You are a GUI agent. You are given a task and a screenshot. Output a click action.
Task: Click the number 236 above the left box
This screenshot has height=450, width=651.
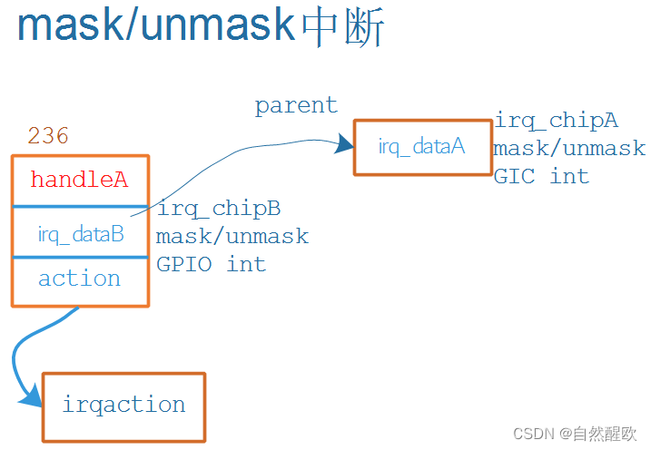point(48,136)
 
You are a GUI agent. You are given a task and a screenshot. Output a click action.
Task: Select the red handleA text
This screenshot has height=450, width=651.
point(79,180)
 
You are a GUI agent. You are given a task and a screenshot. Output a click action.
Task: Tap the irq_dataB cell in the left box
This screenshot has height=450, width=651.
point(80,234)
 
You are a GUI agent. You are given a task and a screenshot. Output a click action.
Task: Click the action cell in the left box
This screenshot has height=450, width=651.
point(79,279)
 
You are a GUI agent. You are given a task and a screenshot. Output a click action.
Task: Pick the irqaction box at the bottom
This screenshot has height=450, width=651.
point(123,406)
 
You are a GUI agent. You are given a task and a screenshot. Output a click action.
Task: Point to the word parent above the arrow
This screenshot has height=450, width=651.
point(296,105)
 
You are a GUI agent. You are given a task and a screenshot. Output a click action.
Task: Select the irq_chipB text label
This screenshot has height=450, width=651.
point(218,209)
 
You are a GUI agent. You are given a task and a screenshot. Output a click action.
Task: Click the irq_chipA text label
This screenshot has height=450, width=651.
point(556,121)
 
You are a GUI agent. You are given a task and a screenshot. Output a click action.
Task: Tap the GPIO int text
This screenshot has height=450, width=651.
point(211,264)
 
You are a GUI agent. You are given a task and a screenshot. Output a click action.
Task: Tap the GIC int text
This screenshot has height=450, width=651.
point(541,176)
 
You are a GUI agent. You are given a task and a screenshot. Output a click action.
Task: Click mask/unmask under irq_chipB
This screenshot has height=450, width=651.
point(232,237)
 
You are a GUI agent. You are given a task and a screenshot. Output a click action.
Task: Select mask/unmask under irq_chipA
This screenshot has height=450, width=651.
point(569,148)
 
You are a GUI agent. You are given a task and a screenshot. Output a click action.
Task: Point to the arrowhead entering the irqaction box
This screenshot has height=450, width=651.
point(32,396)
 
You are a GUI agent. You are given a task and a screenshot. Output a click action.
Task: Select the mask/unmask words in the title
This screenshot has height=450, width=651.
point(156,26)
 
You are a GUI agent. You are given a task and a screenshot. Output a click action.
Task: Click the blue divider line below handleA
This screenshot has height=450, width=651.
point(80,207)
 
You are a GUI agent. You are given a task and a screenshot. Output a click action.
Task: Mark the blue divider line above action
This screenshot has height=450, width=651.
point(80,258)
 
